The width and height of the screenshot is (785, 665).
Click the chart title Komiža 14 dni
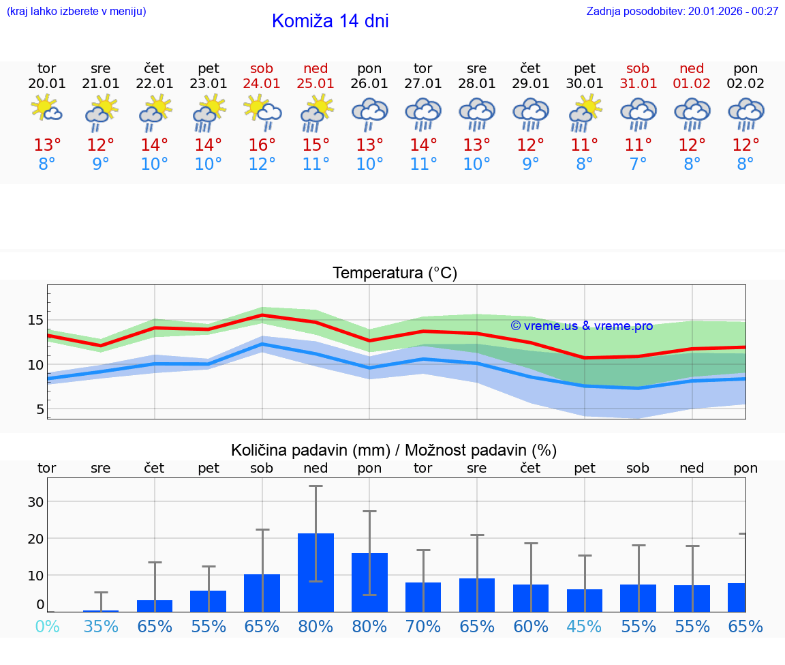tap(330, 21)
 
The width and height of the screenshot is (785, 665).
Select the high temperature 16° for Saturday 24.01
tap(262, 145)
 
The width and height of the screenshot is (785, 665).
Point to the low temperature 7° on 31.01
tap(638, 164)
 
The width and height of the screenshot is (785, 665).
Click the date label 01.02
tap(692, 83)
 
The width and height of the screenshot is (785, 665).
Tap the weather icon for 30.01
tap(585, 113)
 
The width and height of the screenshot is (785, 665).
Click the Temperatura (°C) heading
tap(395, 274)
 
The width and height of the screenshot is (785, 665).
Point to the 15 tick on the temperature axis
tap(35, 320)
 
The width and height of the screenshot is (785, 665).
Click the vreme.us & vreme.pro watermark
tap(581, 326)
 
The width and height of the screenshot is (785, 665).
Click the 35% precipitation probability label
tap(101, 626)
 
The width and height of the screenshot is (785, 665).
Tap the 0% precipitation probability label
tap(47, 626)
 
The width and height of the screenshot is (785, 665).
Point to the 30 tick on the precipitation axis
tap(35, 501)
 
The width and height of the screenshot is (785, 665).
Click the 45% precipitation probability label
tap(585, 626)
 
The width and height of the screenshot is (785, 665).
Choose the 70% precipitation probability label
tap(423, 626)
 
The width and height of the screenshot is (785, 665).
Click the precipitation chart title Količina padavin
tap(394, 450)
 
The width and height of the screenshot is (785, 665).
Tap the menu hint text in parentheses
tap(76, 11)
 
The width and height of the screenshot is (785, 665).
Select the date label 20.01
tap(47, 83)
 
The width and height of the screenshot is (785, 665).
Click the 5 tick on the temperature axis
tap(40, 409)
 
